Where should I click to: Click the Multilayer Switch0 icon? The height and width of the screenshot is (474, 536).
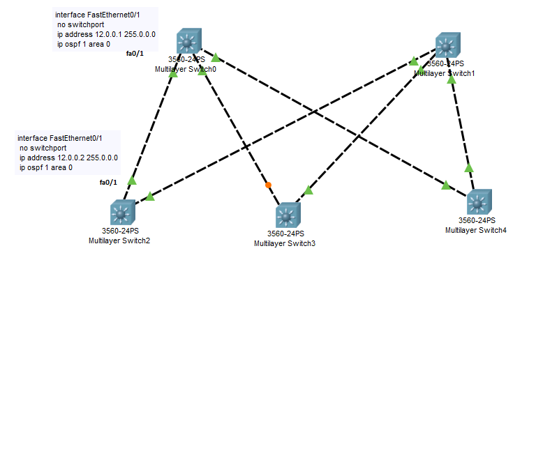click(x=188, y=42)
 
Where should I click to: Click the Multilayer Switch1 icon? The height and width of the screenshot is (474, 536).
click(x=449, y=46)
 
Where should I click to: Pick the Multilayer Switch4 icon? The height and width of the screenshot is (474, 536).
click(x=479, y=202)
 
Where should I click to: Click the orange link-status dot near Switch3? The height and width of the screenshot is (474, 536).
click(x=268, y=185)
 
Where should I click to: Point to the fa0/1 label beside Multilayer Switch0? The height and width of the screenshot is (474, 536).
click(x=135, y=54)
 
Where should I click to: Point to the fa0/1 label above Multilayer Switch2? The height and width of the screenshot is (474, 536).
click(x=108, y=182)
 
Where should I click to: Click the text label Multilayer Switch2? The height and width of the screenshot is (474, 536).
click(x=119, y=240)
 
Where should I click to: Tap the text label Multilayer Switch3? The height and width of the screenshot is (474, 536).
click(x=285, y=243)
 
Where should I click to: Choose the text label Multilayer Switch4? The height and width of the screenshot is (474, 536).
click(x=475, y=229)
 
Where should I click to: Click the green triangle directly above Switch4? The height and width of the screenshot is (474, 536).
click(x=469, y=167)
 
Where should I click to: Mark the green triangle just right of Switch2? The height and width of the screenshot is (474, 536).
click(x=149, y=196)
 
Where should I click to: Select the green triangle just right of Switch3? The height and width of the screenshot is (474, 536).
click(x=308, y=190)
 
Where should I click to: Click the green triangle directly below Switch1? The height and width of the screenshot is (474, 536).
click(x=452, y=79)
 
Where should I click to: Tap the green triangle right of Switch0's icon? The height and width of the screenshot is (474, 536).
click(x=216, y=57)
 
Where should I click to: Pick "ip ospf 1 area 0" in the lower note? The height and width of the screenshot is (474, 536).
click(x=46, y=167)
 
